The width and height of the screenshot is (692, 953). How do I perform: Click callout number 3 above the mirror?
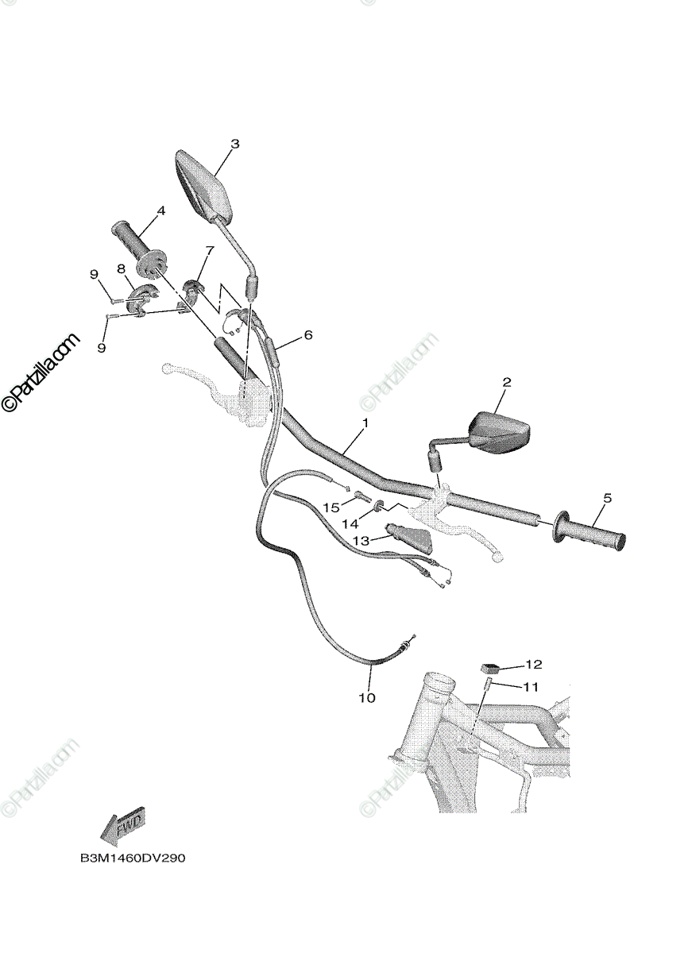pyautogui.click(x=235, y=144)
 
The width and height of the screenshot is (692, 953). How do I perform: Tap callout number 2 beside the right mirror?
pyautogui.click(x=507, y=382)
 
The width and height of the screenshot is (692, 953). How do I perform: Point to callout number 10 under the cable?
pyautogui.click(x=367, y=698)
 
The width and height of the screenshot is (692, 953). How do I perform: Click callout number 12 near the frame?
pyautogui.click(x=533, y=664)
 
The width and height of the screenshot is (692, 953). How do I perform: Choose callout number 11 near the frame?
pyautogui.click(x=531, y=686)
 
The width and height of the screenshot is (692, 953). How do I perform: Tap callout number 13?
pyautogui.click(x=361, y=540)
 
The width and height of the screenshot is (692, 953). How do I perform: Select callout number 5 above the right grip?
pyautogui.click(x=608, y=498)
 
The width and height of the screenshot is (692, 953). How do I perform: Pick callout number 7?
pyautogui.click(x=209, y=250)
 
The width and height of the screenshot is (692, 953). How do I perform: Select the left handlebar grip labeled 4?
pyautogui.click(x=139, y=247)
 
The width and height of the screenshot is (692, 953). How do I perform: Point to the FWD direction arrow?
pyautogui.click(x=121, y=825)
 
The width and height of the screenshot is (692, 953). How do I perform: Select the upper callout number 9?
pyautogui.click(x=94, y=275)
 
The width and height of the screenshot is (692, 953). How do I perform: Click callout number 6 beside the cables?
pyautogui.click(x=308, y=335)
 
